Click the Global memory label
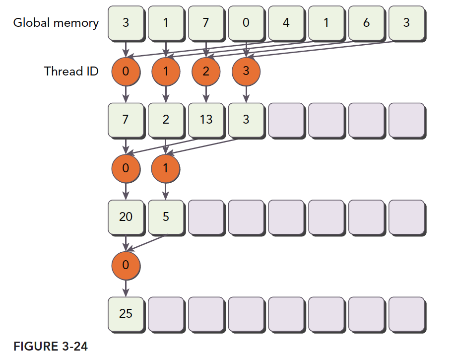click(56, 23)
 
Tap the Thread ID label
click(71, 72)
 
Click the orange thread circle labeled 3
click(246, 72)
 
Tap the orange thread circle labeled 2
click(206, 72)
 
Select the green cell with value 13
click(206, 120)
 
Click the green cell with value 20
click(126, 217)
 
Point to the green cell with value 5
click(166, 217)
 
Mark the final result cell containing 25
click(126, 314)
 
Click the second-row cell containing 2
click(166, 120)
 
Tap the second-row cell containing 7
click(126, 120)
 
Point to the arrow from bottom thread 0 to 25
click(126, 288)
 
